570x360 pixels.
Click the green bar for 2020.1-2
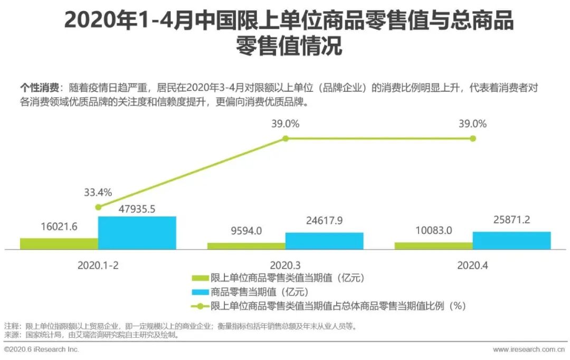point(59,243)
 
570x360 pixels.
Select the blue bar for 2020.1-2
point(137,233)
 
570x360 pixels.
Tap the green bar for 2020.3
point(246,246)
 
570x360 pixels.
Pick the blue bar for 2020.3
point(325,241)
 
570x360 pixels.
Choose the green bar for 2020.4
point(434,246)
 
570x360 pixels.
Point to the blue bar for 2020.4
point(512,240)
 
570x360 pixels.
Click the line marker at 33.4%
point(98,207)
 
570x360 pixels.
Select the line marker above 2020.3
point(286,138)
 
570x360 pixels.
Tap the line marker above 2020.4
point(473,138)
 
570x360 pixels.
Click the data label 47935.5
point(137,209)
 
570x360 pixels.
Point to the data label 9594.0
point(246,231)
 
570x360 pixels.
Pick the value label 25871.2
point(512,220)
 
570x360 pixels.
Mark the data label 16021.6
point(59,227)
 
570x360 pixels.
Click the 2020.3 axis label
point(286,266)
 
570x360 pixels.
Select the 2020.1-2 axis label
point(98,266)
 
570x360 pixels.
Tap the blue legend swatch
point(200,291)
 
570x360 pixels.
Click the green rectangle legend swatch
point(200,278)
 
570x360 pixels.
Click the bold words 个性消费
point(39,87)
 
